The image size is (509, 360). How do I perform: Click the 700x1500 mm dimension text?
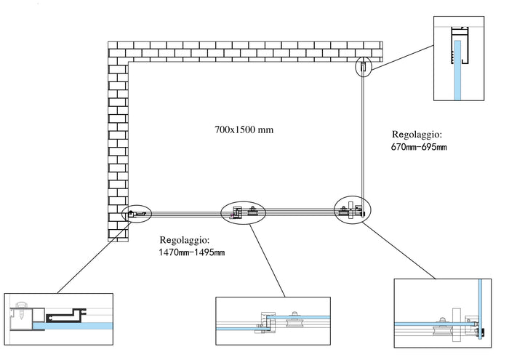coord(244,130)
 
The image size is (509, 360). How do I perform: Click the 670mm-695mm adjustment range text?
coord(418,148)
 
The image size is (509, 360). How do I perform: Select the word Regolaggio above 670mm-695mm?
coord(417,135)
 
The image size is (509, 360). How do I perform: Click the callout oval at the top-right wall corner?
coord(364,68)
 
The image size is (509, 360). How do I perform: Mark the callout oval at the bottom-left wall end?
coord(137,214)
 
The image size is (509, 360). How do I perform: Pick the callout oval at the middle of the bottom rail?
coord(244,212)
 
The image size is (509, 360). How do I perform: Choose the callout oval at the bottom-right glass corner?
coord(352,210)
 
